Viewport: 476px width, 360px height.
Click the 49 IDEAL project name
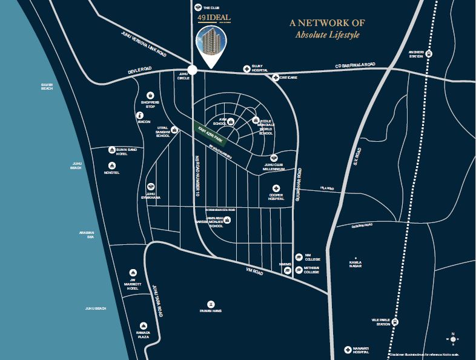pyautogui.click(x=210, y=18)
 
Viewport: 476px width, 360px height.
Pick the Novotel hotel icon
pyautogui.click(x=112, y=165)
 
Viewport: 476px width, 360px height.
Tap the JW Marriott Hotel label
pyautogui.click(x=133, y=284)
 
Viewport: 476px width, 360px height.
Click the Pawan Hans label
pyautogui.click(x=211, y=311)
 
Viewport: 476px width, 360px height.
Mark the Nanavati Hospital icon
pyautogui.click(x=348, y=350)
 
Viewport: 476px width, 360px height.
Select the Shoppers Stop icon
pyautogui.click(x=150, y=96)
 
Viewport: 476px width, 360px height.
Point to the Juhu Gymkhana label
pyautogui.click(x=150, y=196)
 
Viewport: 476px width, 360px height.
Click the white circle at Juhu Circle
pyautogui.click(x=193, y=70)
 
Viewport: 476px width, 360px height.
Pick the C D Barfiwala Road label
pyautogui.click(x=355, y=65)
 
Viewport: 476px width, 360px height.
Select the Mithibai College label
pyautogui.click(x=311, y=270)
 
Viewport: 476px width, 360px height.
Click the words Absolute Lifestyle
pyautogui.click(x=327, y=35)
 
